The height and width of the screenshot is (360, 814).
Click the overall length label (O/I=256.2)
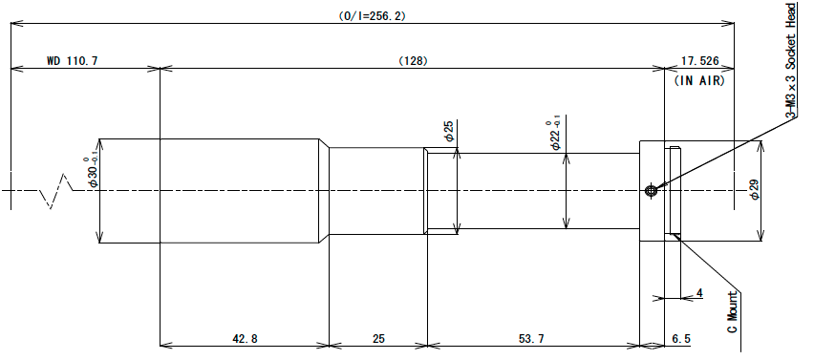coord(372,16)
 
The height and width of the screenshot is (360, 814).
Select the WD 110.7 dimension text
coord(73,61)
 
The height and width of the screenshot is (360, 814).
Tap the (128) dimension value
coord(413,61)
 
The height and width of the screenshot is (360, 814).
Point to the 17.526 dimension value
coord(699,61)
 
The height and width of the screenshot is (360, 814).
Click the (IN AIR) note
coord(698,81)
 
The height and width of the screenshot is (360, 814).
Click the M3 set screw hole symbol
coord(651,191)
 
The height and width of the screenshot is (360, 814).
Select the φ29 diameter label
coord(755,189)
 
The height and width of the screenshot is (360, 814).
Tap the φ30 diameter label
coord(91,172)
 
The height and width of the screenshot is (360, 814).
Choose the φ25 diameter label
coord(449,131)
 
